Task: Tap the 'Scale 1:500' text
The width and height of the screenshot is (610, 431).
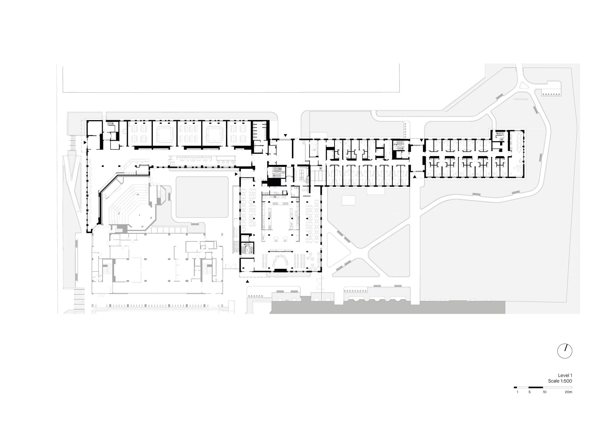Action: [560, 381]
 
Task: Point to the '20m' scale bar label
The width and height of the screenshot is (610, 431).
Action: [568, 392]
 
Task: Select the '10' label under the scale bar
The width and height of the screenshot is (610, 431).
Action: [544, 392]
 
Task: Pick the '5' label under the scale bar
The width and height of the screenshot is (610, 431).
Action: [529, 392]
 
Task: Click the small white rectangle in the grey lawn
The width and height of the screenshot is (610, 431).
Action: [348, 200]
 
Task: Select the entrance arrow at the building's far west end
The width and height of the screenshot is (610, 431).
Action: [85, 142]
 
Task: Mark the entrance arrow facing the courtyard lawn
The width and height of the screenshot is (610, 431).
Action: [236, 174]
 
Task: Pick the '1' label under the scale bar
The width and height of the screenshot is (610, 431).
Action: [517, 392]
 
